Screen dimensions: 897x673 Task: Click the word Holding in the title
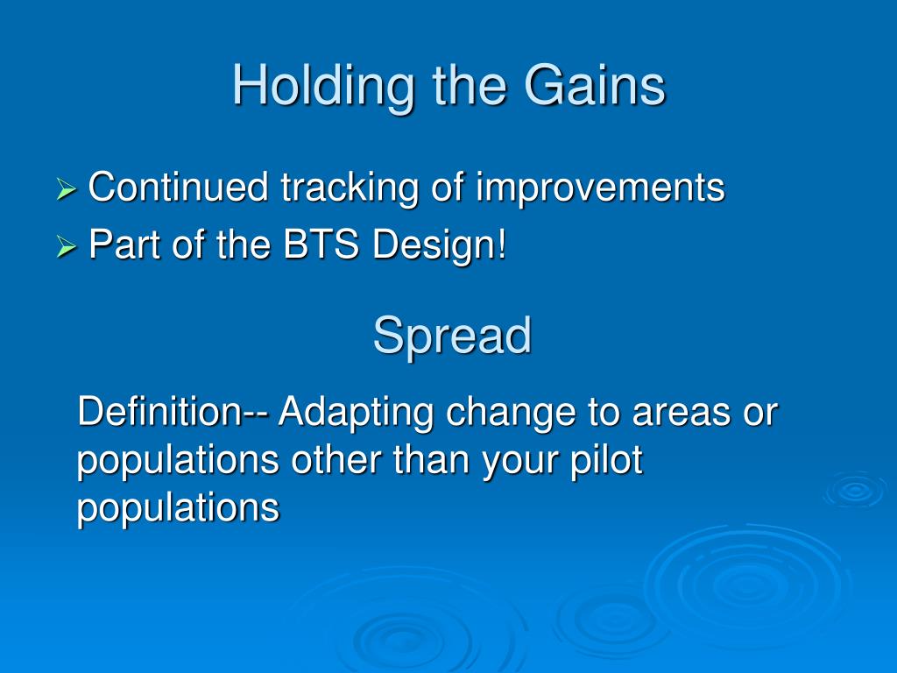coord(323,87)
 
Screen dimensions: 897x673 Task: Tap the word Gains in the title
coord(595,85)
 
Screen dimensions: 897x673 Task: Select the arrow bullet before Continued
coord(67,189)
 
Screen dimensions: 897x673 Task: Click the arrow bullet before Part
coord(67,246)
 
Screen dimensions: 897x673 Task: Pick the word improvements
coord(600,189)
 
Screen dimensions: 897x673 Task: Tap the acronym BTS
coord(321,244)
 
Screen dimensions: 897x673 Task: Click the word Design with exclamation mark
coord(439,246)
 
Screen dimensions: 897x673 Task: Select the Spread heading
coord(452,336)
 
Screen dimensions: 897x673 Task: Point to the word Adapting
coord(356,414)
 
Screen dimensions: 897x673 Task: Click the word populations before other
coord(179,461)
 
